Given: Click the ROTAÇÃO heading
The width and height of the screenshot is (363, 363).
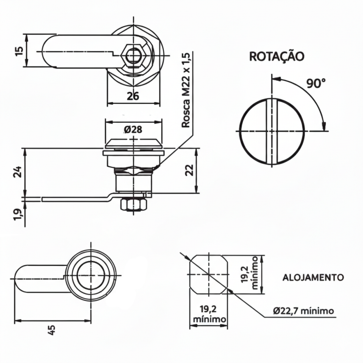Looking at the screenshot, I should (277, 57).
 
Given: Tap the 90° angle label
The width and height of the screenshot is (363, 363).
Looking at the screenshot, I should (316, 83).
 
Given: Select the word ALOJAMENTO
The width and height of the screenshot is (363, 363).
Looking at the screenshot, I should (313, 277).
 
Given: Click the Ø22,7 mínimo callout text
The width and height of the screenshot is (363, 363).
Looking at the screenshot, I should (303, 311).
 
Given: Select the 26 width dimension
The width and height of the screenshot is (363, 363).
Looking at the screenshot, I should (133, 96).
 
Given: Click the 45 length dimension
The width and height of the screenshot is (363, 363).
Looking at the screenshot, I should (51, 330).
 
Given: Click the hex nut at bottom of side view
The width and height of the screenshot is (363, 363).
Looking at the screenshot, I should (133, 205).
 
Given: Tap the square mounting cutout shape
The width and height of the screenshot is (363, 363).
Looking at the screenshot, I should (209, 275).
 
